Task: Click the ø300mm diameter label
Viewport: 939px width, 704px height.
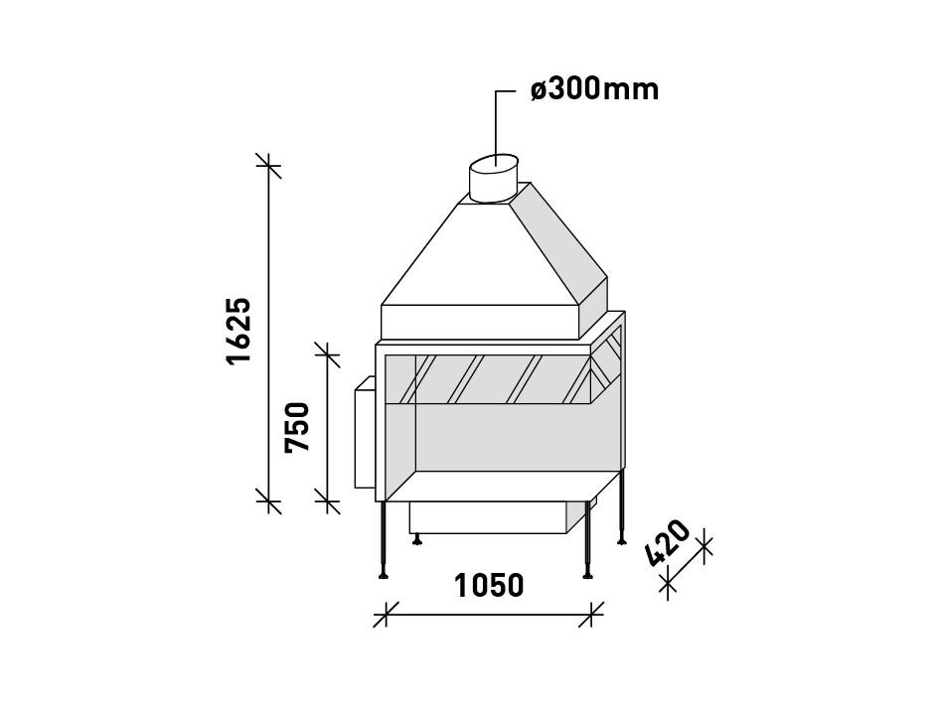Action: [x=594, y=89]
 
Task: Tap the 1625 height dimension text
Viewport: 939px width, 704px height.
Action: [x=239, y=330]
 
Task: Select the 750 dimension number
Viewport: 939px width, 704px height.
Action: [x=298, y=426]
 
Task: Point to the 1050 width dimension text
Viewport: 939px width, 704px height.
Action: [x=489, y=586]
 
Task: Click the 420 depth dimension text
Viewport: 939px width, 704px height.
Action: [x=669, y=542]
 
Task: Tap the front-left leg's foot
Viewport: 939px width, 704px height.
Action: [x=384, y=573]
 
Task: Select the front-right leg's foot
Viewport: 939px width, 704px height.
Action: [x=588, y=573]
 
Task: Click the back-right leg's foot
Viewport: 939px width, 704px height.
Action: [x=622, y=540]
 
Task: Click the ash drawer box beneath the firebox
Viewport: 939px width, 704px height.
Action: [x=487, y=517]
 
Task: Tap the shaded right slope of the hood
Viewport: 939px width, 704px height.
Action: [x=556, y=238]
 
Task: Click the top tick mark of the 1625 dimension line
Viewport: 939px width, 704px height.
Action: [x=267, y=165]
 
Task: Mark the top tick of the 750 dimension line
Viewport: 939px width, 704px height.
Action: [x=327, y=352]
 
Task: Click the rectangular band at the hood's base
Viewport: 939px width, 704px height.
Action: [x=481, y=321]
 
